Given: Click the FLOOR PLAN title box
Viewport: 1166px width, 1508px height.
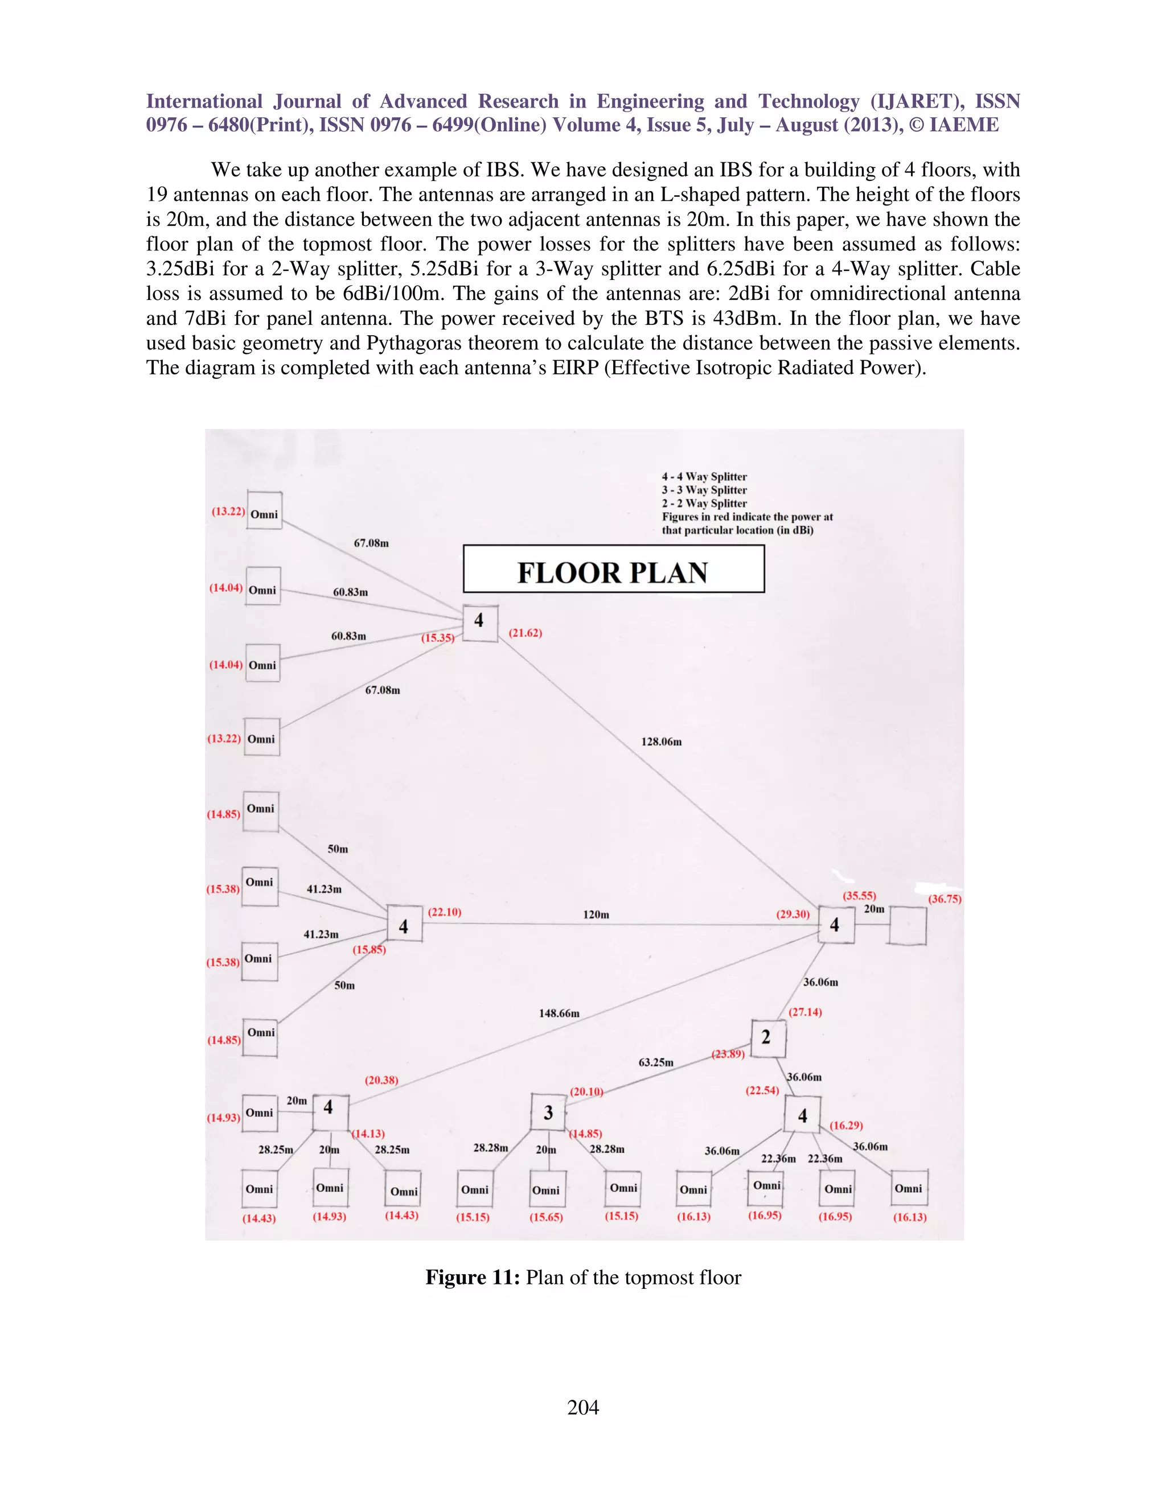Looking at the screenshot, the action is [x=613, y=568].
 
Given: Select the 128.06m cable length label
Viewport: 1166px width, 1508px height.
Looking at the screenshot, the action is [x=661, y=741].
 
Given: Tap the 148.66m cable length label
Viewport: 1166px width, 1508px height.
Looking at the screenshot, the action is [x=559, y=1013].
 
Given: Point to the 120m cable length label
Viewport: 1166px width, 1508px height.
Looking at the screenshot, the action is [x=596, y=914].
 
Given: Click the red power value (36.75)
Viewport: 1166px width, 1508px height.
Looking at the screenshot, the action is [x=945, y=899].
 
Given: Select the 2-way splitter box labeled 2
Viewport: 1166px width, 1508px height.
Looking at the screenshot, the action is [x=767, y=1038].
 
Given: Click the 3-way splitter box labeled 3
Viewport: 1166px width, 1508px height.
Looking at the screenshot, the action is [x=548, y=1112].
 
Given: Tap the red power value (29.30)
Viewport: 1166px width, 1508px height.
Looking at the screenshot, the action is [x=793, y=913].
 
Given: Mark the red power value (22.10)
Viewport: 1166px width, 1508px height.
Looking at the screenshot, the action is [x=444, y=912].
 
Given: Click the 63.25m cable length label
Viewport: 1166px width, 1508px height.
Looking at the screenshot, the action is [x=655, y=1062].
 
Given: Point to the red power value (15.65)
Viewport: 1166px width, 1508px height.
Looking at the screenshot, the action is [x=545, y=1217].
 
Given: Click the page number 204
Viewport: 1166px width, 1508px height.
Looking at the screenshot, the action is [x=583, y=1407].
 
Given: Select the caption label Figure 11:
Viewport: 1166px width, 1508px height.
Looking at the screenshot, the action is [x=473, y=1277].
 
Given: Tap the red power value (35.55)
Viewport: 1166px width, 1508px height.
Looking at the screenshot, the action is [x=859, y=896].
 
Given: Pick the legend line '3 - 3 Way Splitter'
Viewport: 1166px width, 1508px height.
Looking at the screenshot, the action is [x=704, y=489].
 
